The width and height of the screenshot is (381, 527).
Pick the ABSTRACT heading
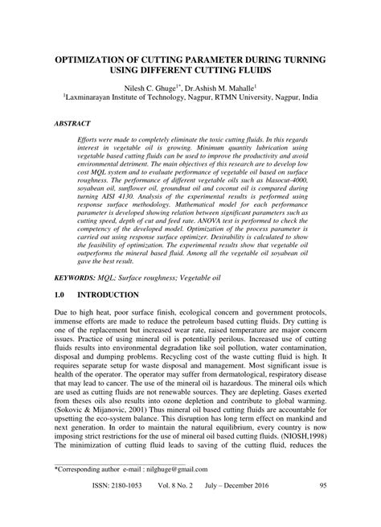click(x=72, y=126)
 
